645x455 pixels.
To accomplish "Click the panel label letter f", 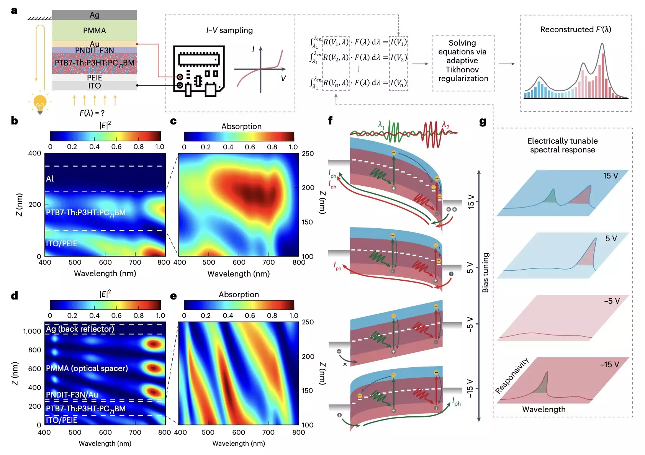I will coord(330,121).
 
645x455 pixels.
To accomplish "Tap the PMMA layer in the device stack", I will coord(94,31).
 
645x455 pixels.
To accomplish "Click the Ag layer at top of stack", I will coord(94,15).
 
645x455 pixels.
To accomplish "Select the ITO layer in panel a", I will coord(94,86).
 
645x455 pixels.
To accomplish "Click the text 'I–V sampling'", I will coord(229,30).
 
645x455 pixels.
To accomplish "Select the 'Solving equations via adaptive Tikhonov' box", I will coord(463,61).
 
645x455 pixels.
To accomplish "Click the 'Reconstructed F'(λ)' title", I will coord(575,29).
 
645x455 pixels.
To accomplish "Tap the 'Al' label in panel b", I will coord(50,178).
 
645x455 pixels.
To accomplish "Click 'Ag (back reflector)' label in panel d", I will coord(80,329).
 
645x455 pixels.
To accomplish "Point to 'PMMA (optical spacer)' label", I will coord(87,368).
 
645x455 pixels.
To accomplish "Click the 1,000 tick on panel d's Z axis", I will coord(32,331).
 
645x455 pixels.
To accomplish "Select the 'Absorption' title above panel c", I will coord(241,126).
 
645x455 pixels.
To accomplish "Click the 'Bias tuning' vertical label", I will coord(485,272).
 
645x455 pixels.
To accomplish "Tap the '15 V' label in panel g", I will coord(610,176).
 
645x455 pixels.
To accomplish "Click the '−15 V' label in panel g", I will coord(609,365).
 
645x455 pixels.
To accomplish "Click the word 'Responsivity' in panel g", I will coord(512,375).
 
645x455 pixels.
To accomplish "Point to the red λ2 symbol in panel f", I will coord(445,125).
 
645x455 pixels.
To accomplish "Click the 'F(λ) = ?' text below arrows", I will coord(92,113).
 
